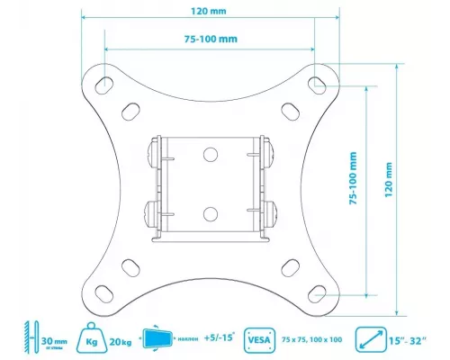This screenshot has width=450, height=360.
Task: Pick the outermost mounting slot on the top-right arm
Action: point(316,83)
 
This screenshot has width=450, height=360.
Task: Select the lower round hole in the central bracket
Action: point(211,213)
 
